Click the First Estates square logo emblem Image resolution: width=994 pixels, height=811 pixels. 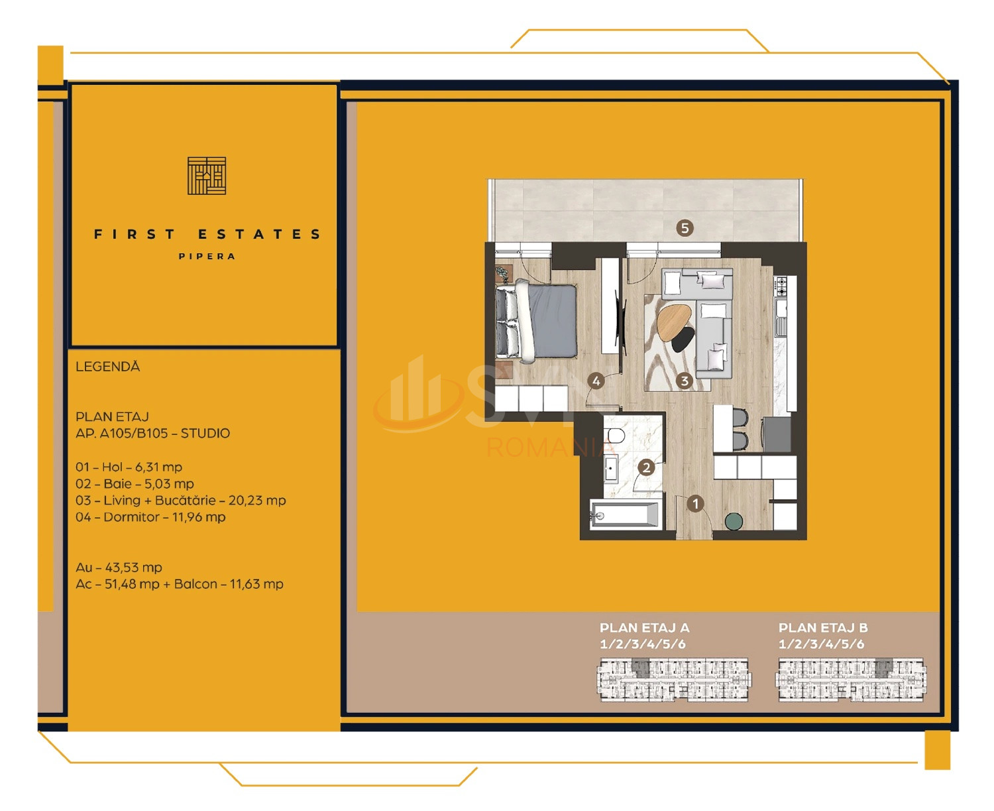pos(207,176)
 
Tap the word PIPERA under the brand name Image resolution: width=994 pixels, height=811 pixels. pos(207,257)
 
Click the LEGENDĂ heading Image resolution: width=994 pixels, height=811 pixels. pos(107,367)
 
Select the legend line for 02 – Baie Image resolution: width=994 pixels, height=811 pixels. pos(135,483)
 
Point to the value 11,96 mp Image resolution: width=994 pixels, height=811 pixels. pos(199,517)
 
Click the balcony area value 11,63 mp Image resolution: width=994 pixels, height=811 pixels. pos(256,584)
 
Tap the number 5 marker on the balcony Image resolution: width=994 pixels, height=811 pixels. pos(685,228)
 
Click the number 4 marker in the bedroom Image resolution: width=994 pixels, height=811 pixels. pos(596,381)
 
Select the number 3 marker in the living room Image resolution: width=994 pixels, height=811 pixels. pos(685,381)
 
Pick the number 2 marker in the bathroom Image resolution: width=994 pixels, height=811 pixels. pos(647,468)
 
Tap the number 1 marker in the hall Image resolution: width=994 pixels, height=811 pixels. pos(695,504)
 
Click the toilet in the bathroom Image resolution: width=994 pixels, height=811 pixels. pos(616,436)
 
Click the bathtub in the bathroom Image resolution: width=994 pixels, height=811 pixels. pos(625,515)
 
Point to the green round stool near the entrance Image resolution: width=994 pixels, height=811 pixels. pos(734,521)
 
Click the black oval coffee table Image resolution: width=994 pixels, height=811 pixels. pos(683,340)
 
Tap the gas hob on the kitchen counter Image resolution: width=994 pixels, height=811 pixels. pos(781,286)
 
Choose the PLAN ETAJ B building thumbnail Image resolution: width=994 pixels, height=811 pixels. pos(851,680)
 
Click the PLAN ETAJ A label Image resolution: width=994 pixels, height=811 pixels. pos(644,628)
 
